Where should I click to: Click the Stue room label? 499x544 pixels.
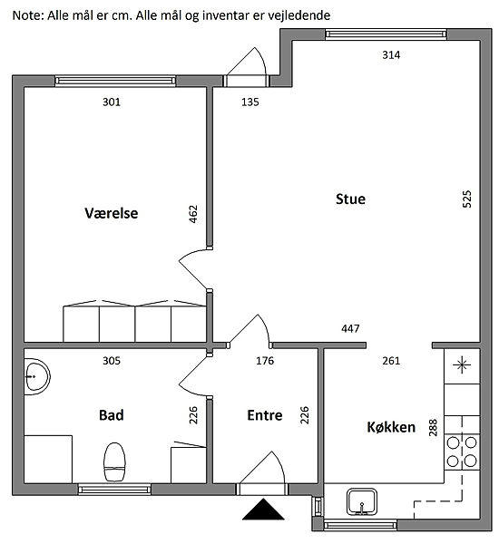[x=350, y=199]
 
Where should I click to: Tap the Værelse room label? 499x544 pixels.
[x=111, y=213]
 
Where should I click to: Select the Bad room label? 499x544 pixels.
[x=111, y=415]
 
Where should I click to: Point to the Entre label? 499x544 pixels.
[x=265, y=415]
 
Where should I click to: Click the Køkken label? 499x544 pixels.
[x=391, y=427]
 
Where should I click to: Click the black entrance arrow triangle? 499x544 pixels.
[x=264, y=510]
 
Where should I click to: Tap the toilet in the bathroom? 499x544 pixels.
[x=114, y=462]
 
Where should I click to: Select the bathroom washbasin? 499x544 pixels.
[x=37, y=377]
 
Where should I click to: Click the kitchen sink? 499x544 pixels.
[x=362, y=502]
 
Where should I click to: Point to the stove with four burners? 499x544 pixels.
[x=462, y=452]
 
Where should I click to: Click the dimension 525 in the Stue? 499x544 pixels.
[x=467, y=199]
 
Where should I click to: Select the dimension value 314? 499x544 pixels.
[x=391, y=54]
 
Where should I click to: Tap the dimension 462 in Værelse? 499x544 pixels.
[x=192, y=214]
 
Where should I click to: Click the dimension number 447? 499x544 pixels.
[x=350, y=328]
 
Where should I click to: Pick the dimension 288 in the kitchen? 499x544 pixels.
[x=433, y=427]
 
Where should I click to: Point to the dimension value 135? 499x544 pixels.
[x=250, y=102]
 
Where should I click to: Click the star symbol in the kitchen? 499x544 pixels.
[x=462, y=365]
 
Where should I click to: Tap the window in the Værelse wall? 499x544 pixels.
[x=115, y=82]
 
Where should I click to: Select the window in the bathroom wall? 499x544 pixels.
[x=114, y=490]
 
